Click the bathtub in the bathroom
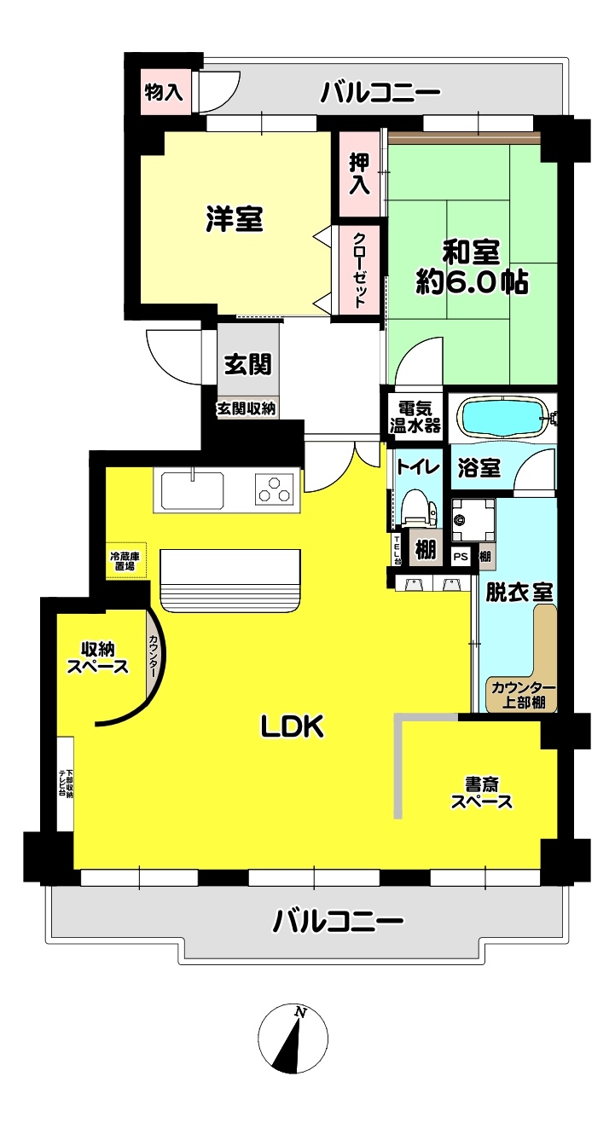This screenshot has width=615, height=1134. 502,418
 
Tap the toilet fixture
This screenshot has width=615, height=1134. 419,507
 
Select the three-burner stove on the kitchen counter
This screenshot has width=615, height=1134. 276,489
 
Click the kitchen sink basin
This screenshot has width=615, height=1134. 193,489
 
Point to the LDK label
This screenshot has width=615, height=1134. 293,727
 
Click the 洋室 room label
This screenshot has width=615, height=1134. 235,219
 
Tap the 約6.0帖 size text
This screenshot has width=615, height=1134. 473,282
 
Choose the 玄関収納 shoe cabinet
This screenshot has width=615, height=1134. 247,408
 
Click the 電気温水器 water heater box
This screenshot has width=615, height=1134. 415,417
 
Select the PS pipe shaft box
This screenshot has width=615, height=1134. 461,557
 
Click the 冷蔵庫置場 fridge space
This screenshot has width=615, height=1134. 125,560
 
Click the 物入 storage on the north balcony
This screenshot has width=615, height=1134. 163,93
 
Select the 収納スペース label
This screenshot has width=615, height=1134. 98,657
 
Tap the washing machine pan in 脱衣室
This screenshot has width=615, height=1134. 473,521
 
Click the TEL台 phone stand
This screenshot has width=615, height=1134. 397,549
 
